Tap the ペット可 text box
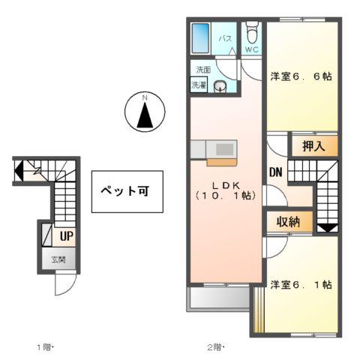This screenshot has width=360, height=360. (x=124, y=190)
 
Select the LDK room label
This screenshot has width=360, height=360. (x=224, y=189)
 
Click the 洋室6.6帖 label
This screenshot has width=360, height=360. (x=301, y=76)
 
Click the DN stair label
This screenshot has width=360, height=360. (x=275, y=172)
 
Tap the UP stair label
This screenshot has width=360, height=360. (x=66, y=235)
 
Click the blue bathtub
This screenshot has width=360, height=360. (x=200, y=37)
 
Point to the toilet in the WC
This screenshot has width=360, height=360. (x=252, y=34)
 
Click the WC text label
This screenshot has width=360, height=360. (x=252, y=52)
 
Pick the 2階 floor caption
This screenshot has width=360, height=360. (x=215, y=347)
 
